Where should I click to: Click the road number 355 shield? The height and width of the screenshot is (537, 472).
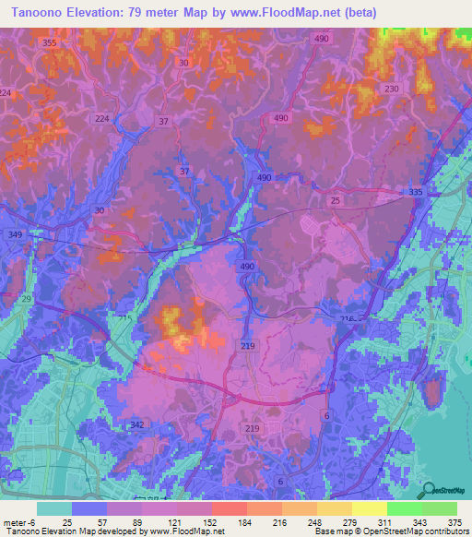[x=49, y=43]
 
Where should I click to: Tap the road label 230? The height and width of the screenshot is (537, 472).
[x=392, y=89]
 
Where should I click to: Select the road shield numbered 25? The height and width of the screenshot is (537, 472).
[x=336, y=200]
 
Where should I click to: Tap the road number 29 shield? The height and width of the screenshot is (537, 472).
[x=26, y=301]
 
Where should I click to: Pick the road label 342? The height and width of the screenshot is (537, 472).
[x=137, y=424]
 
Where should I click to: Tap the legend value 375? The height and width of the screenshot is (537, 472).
[x=454, y=522]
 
